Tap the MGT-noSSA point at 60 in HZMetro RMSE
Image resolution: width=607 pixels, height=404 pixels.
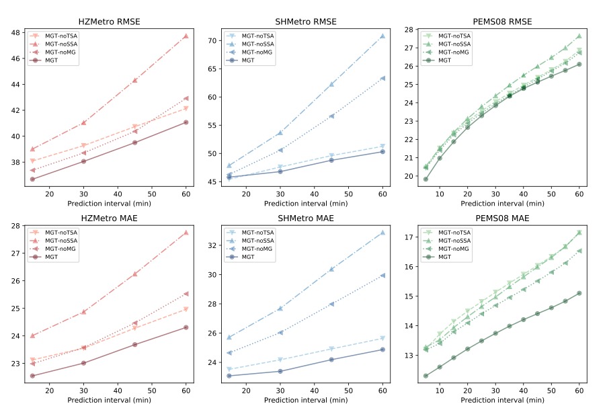point(186,36)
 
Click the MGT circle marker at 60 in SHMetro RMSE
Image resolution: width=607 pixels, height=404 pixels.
point(382,151)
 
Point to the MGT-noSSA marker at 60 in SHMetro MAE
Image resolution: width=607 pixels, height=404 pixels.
point(382,233)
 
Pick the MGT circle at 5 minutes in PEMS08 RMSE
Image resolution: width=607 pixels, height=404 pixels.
point(426,179)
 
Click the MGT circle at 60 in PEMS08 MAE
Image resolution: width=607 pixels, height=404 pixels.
point(579,293)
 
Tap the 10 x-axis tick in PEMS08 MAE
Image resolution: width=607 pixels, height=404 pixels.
point(440,392)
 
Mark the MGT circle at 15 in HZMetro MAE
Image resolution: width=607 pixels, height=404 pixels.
point(32,376)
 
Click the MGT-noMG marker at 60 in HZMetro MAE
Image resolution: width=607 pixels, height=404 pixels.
point(186,294)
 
